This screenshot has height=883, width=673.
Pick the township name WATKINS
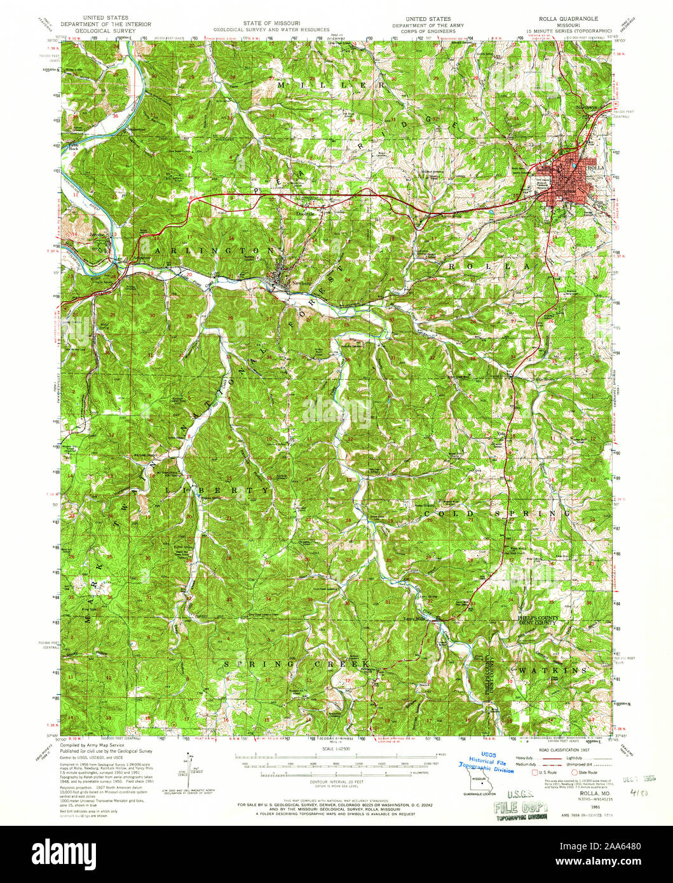(x=552, y=670)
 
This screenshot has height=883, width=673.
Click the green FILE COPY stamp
(x=519, y=808)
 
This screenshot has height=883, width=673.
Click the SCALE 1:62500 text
(x=336, y=750)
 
